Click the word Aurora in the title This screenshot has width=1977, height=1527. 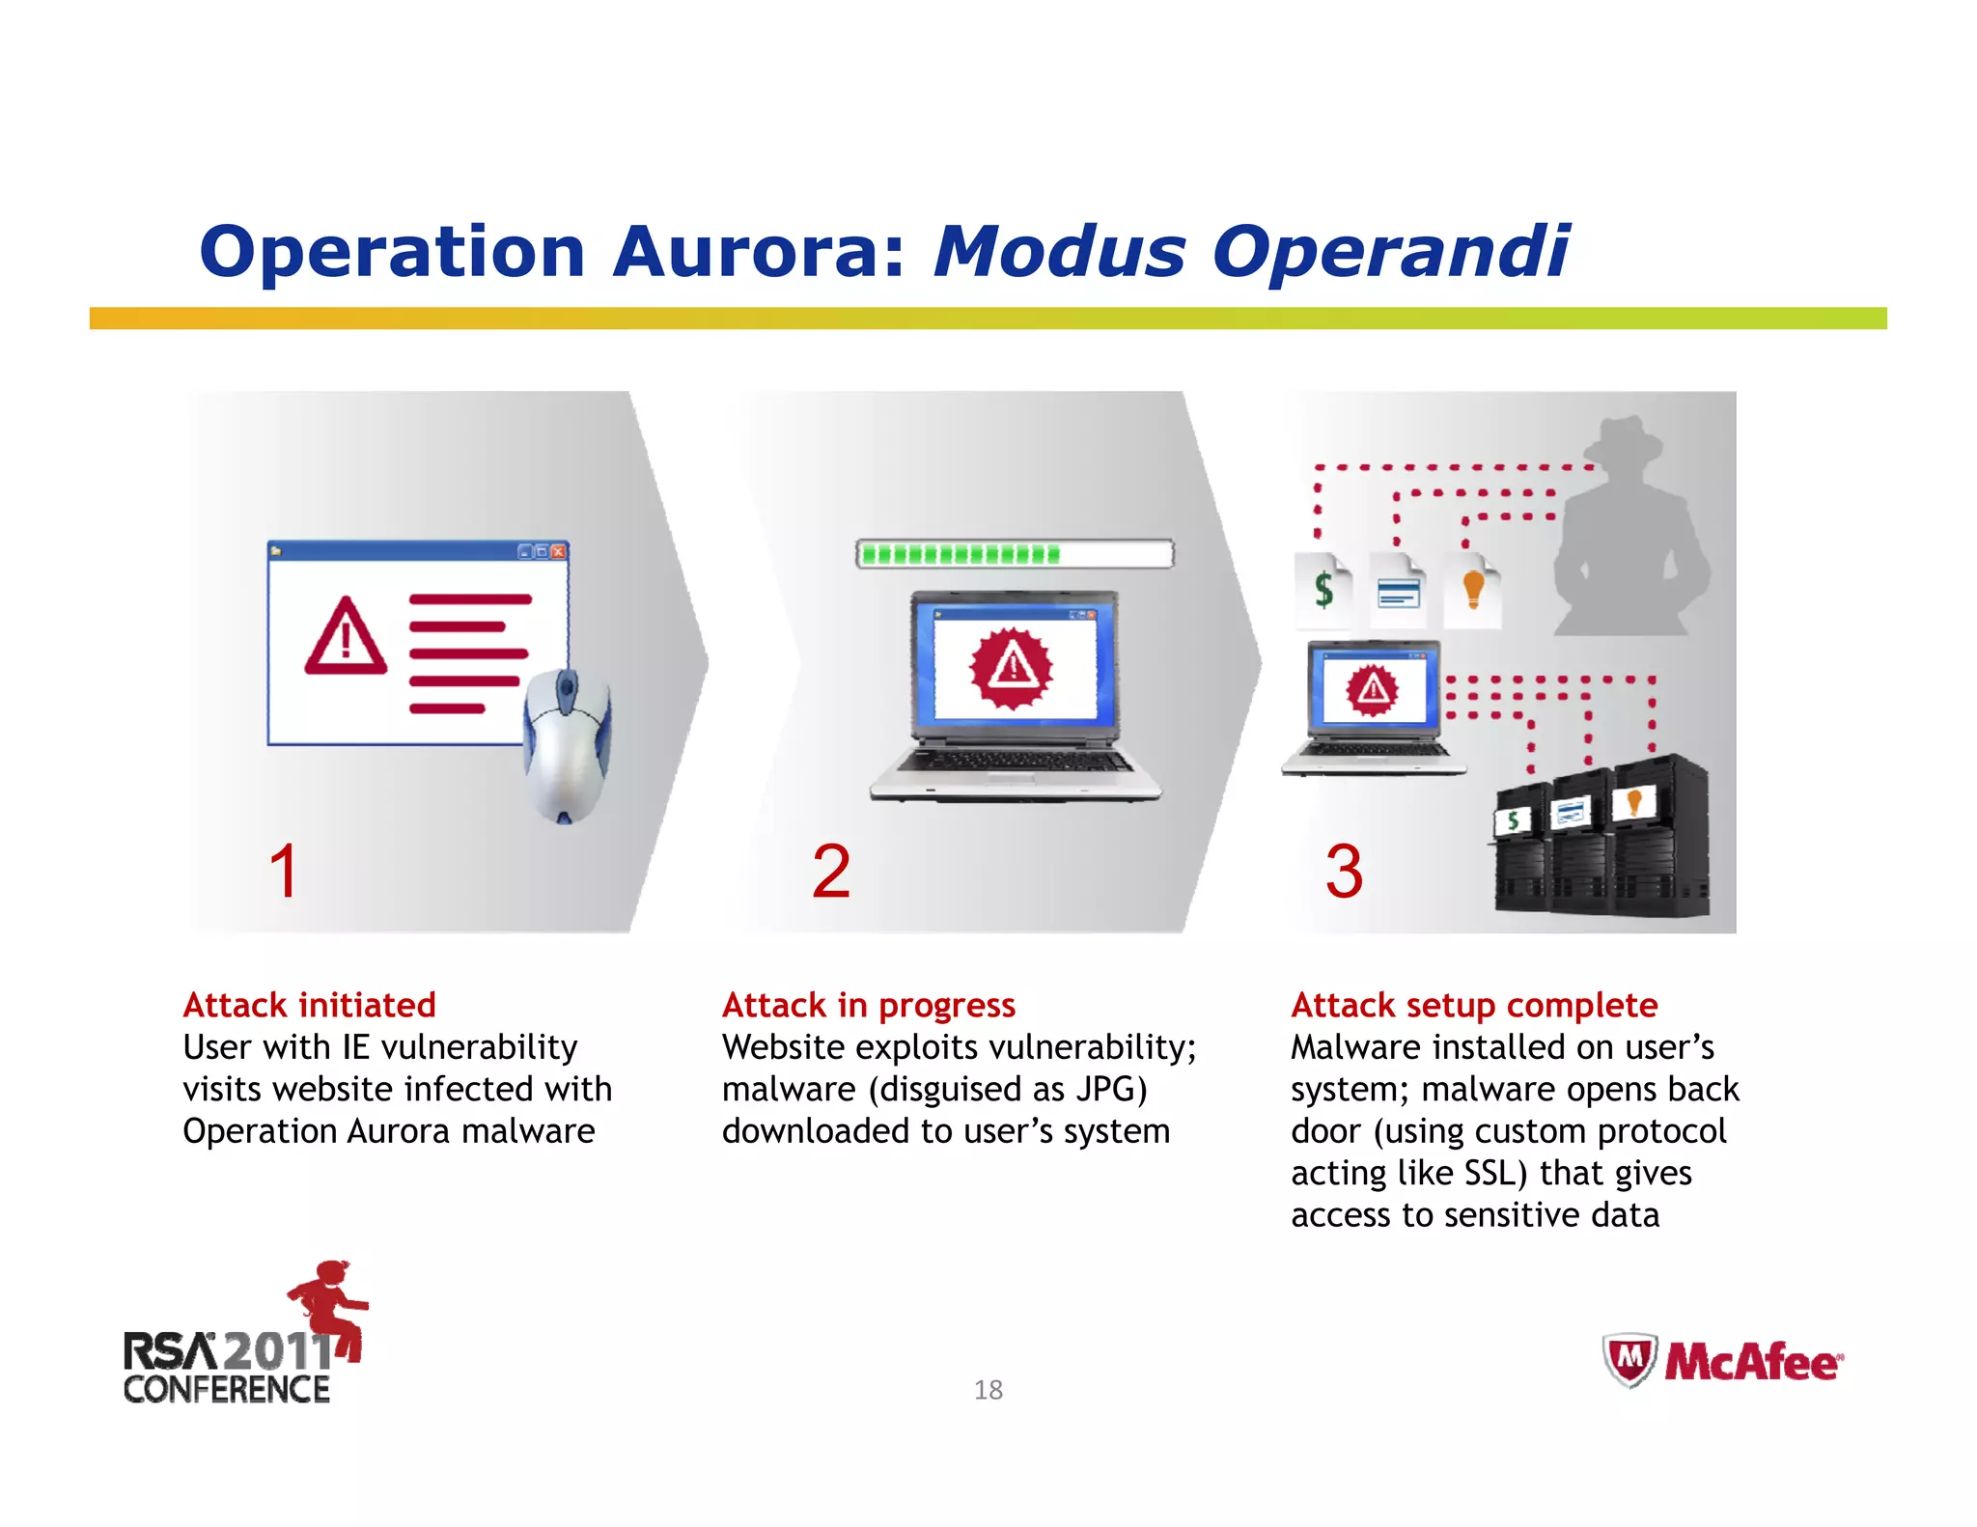click(x=759, y=252)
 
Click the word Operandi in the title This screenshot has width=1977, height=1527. click(x=1390, y=252)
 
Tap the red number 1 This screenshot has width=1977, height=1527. click(x=284, y=871)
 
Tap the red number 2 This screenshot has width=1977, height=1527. click(x=831, y=871)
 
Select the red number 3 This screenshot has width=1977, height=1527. click(x=1343, y=871)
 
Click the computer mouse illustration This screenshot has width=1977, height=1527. click(x=567, y=744)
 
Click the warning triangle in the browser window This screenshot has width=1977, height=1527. click(x=346, y=636)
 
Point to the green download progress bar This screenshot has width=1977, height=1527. click(x=961, y=554)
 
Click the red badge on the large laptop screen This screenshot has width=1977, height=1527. click(x=1012, y=667)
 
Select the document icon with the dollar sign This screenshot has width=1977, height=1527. click(x=1323, y=589)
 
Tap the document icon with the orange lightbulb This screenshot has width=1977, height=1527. click(x=1473, y=589)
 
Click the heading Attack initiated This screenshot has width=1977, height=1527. click(x=309, y=1005)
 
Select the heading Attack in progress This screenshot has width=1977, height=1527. click(x=868, y=1005)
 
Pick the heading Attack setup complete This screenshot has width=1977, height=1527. click(x=1474, y=1005)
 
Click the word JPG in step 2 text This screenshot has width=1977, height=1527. click(x=1104, y=1089)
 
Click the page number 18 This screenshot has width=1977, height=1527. click(x=988, y=1390)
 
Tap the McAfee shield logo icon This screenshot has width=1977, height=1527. click(x=1629, y=1359)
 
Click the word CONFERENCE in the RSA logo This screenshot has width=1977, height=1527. click(x=227, y=1390)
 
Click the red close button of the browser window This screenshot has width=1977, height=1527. click(x=558, y=551)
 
